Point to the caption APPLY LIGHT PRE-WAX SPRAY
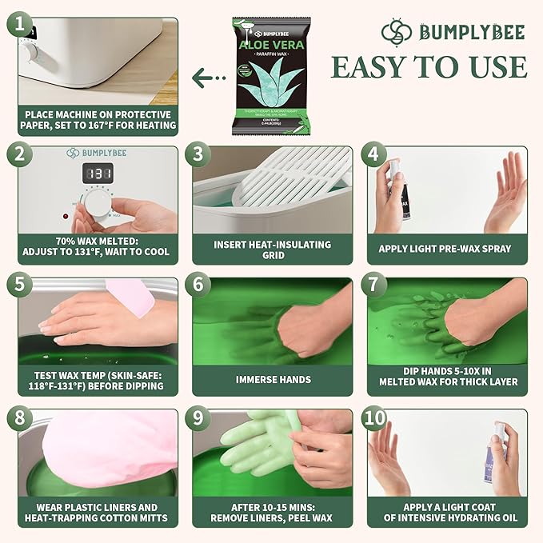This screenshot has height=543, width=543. click(x=445, y=249)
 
